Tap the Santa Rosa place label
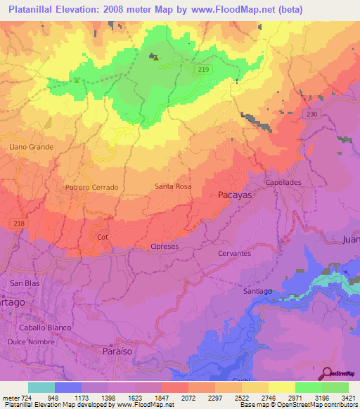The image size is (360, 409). [173, 186]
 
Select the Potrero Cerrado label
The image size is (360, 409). [91, 188]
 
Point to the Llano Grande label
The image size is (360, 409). [31, 147]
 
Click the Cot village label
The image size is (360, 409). [103, 237]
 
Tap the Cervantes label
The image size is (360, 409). [235, 253]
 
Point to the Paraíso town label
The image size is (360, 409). [117, 349]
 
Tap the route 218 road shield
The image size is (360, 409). [19, 223]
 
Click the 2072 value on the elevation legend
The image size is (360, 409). [189, 398]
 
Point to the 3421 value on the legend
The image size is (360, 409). [347, 398]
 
